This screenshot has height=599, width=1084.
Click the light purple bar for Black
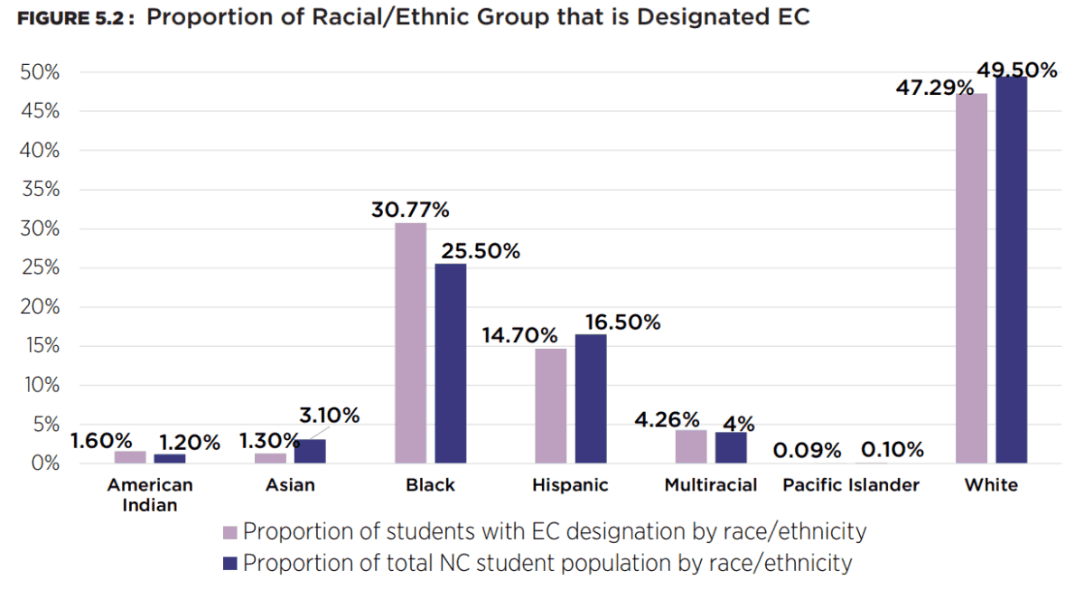coord(411,343)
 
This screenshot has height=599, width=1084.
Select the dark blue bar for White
coord(1012,270)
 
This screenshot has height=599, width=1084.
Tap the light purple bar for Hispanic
coord(550,406)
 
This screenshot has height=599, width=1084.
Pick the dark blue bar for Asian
coord(310,451)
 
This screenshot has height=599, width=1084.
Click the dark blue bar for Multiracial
coord(731,447)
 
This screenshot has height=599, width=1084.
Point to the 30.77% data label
coord(410,210)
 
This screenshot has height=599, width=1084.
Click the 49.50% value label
coord(1016,70)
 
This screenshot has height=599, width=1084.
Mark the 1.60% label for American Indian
coord(101,441)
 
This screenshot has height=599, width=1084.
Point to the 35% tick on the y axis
coord(40,190)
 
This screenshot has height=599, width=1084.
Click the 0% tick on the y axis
coord(44,463)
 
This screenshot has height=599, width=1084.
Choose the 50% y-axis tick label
coord(40,72)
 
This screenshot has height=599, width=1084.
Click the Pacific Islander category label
coord(851,485)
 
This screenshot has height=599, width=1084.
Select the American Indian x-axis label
coord(150,494)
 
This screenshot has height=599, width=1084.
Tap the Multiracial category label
coord(711,485)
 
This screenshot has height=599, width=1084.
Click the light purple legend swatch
coord(229,531)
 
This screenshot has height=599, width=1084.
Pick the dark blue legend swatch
coord(229,564)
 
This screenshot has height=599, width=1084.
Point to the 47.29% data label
coord(934,88)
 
